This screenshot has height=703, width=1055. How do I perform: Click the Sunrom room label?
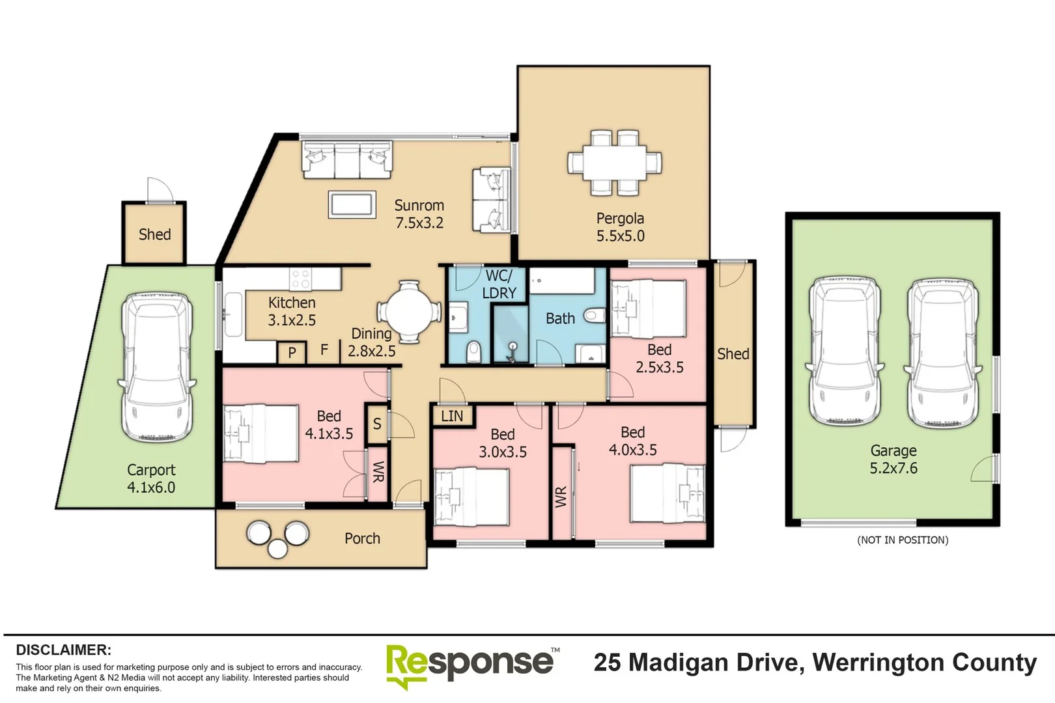[419, 206]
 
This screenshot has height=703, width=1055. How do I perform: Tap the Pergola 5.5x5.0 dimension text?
[620, 236]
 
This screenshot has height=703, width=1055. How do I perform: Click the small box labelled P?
[292, 353]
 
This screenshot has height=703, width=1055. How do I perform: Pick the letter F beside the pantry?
[324, 350]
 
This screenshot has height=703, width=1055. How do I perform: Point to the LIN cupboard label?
[452, 416]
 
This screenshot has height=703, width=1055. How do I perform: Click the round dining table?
[409, 311]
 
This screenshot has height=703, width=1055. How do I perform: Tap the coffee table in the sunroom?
[352, 205]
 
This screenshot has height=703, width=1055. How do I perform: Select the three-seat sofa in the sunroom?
[346, 159]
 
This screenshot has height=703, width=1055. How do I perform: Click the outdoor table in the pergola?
[614, 163]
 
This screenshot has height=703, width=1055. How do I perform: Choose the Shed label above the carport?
[154, 234]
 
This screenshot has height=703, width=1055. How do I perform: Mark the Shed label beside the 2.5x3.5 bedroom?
[733, 354]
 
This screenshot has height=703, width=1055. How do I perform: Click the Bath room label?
[560, 318]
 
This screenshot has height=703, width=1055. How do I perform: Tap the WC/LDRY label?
[499, 284]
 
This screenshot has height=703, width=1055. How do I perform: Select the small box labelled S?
[376, 424]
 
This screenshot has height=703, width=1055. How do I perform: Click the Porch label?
[362, 538]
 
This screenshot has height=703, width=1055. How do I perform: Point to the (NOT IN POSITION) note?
[902, 540]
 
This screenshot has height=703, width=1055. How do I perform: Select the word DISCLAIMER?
[63, 650]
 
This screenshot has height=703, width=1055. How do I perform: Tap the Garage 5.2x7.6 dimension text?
[893, 468]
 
